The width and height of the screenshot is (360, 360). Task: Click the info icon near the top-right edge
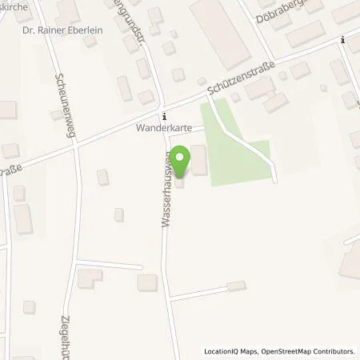(343, 39)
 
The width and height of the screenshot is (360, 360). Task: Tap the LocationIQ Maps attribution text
(229, 350)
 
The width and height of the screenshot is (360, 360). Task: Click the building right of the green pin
(198, 163)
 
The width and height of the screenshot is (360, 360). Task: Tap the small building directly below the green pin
(179, 183)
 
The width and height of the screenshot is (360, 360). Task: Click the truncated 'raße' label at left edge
(10, 170)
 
